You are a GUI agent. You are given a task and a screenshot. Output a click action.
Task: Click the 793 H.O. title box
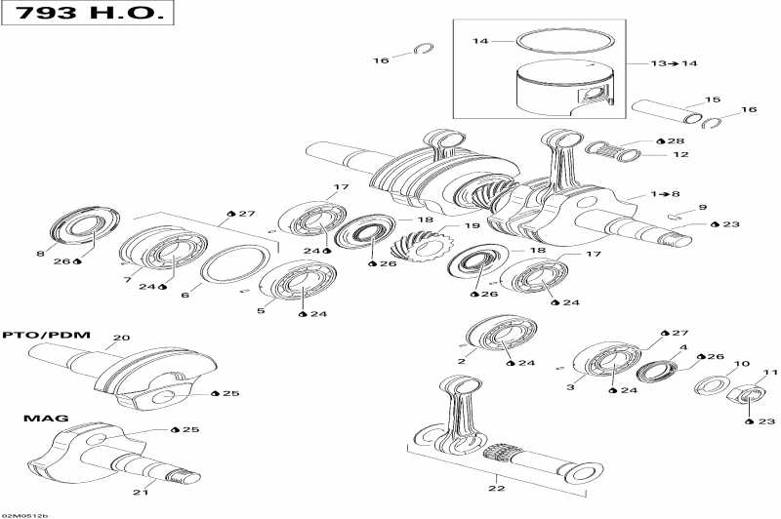(x=88, y=17)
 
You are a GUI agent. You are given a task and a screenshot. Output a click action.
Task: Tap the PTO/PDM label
(x=46, y=335)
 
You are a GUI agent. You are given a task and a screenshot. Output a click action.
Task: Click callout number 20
(x=120, y=339)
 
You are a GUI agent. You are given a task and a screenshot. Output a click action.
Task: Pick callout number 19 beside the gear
(x=472, y=226)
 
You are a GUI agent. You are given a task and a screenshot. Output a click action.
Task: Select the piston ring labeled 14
(x=560, y=41)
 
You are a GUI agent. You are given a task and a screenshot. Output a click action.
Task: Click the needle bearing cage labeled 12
(x=612, y=149)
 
